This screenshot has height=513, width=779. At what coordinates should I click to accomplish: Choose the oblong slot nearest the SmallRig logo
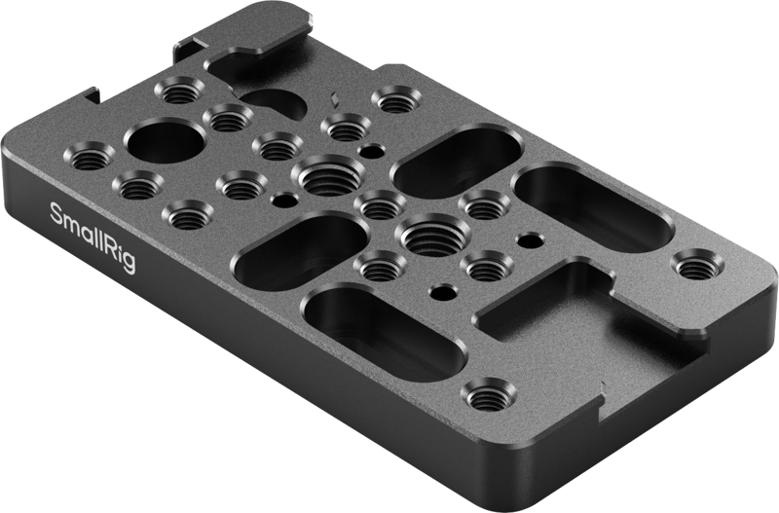[300, 242]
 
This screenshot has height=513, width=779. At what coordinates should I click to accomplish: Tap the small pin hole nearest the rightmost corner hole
[529, 238]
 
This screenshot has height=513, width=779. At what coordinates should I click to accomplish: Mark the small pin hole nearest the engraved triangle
[369, 151]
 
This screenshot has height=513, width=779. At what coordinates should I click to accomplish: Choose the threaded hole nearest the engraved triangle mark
[342, 125]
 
